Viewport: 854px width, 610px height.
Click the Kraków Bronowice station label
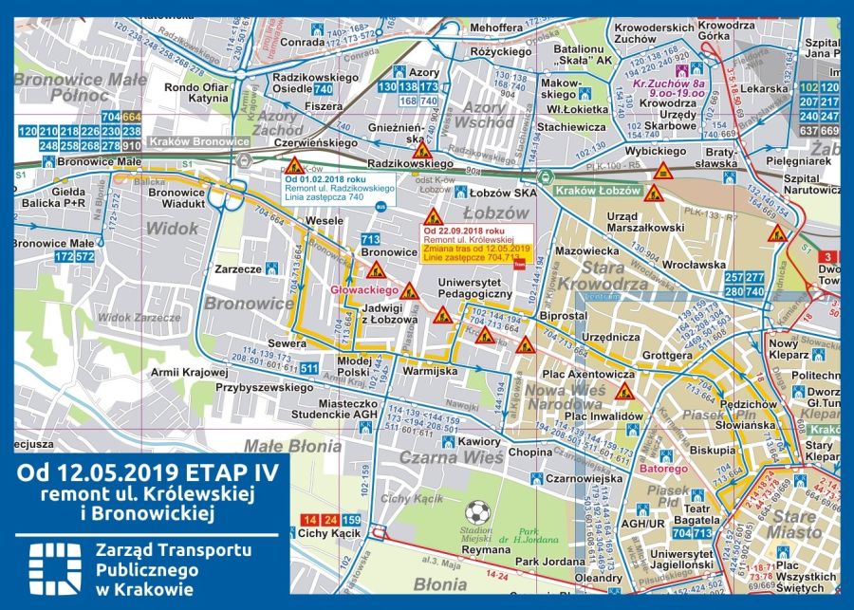(208, 140)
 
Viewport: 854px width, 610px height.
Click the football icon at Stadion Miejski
(478, 513)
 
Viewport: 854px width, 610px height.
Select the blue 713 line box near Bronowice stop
(370, 239)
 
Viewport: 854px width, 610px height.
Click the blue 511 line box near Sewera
(309, 368)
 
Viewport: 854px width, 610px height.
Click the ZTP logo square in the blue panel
(50, 567)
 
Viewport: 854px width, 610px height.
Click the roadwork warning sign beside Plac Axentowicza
(623, 391)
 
